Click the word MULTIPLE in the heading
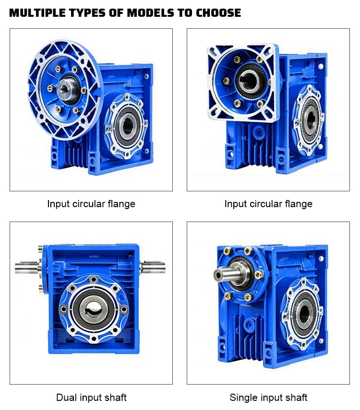(37, 13)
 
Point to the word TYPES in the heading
(87, 13)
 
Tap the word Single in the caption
(243, 398)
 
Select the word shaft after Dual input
(115, 398)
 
